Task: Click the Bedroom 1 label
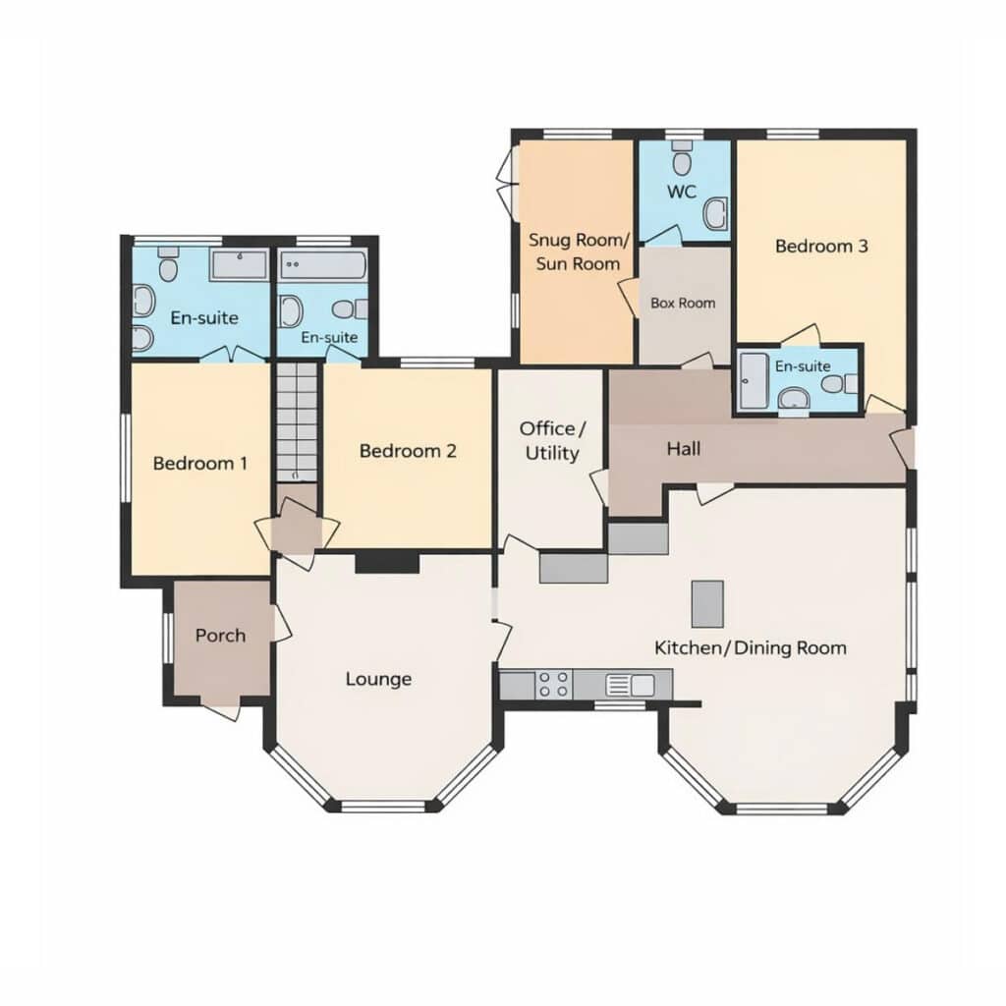click(200, 464)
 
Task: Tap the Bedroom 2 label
click(408, 451)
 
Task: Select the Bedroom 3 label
click(821, 246)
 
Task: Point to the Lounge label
click(378, 680)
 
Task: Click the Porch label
click(221, 636)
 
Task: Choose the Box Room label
click(683, 303)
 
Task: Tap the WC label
click(682, 192)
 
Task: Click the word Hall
click(684, 448)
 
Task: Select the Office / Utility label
click(552, 441)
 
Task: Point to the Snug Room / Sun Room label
click(579, 252)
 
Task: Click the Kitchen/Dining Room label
click(750, 648)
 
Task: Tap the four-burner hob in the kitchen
click(554, 684)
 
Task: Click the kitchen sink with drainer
click(630, 685)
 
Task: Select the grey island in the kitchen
click(707, 604)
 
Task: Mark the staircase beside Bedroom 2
click(297, 422)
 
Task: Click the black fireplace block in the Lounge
click(387, 563)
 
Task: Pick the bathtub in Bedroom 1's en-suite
click(239, 265)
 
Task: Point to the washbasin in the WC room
click(715, 213)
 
